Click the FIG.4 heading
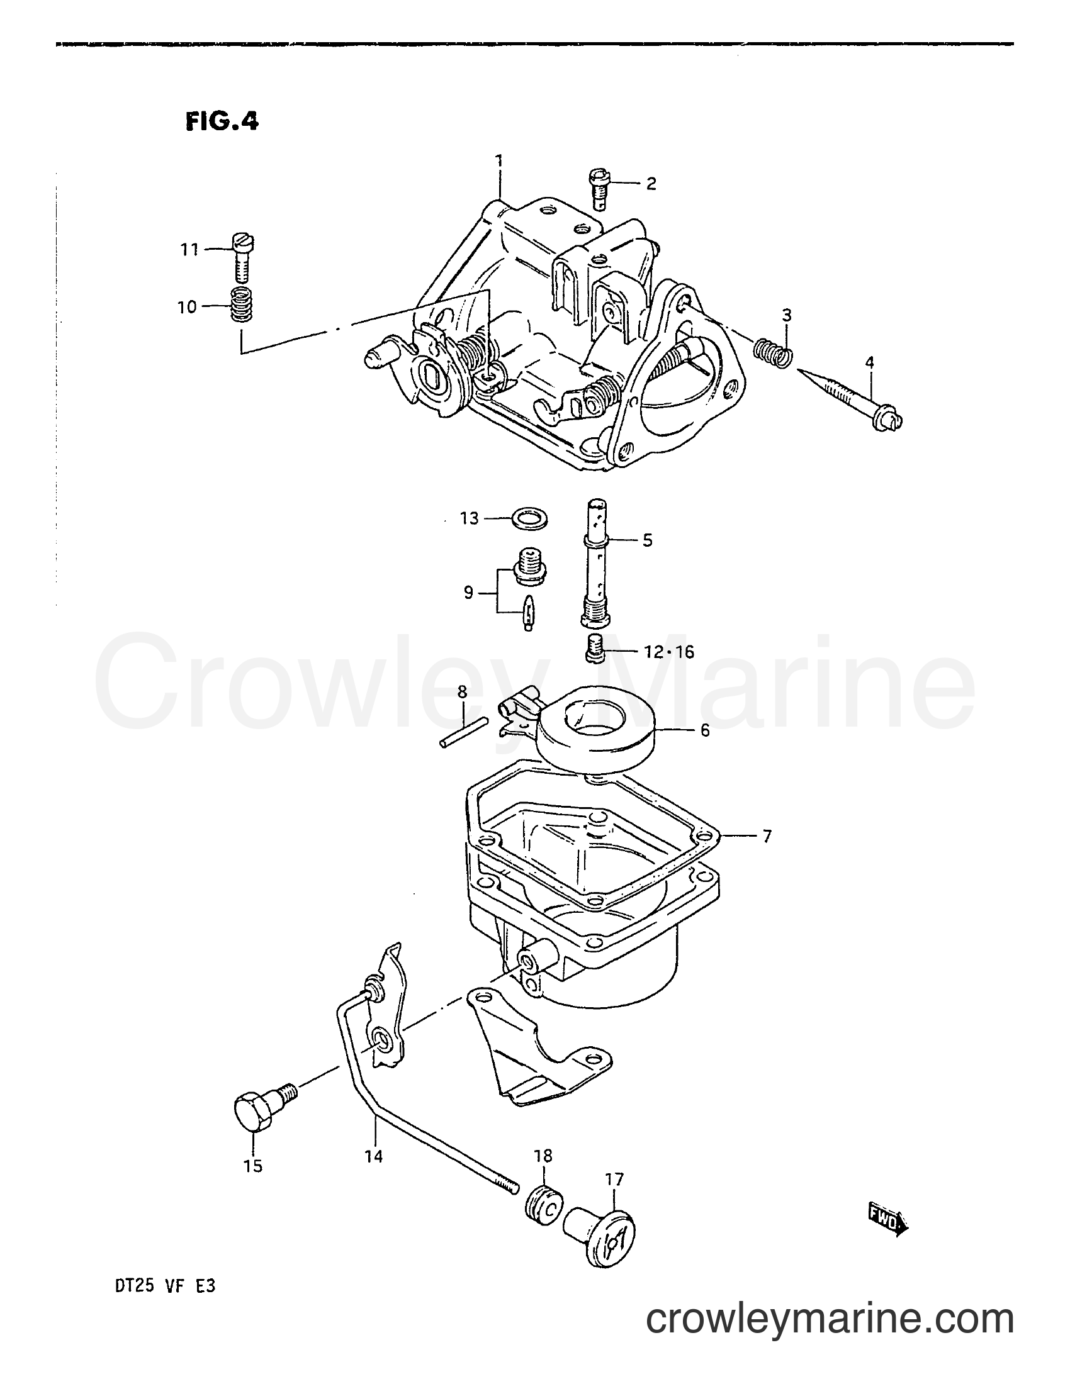[222, 121]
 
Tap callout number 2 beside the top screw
[651, 184]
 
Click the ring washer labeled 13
[529, 519]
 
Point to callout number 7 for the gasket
[767, 837]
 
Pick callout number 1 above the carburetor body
[499, 160]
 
